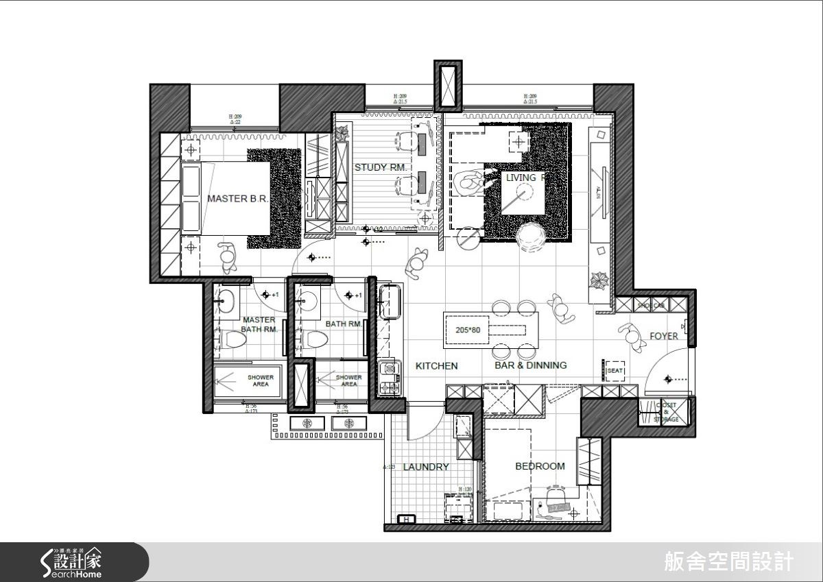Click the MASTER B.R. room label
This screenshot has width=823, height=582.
237,199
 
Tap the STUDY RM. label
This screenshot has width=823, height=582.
381,167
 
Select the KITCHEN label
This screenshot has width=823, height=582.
436,366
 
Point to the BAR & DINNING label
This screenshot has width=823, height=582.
531,365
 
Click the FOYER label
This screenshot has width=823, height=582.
664,336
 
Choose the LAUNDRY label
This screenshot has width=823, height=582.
426,467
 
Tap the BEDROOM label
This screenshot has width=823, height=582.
540,466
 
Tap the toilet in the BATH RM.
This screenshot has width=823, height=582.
315,339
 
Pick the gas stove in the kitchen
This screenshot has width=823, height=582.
390,378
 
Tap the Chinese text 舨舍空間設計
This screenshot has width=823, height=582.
729,562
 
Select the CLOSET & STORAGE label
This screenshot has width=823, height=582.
665,411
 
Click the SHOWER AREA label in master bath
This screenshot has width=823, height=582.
261,380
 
